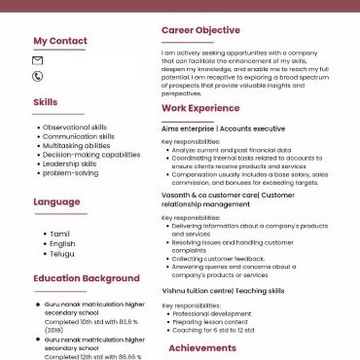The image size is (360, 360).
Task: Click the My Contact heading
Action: coord(60,41)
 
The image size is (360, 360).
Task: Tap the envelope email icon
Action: coord(38,60)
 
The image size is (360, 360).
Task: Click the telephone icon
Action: coord(38,75)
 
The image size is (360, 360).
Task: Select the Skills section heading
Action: coord(45,101)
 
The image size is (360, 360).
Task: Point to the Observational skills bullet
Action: coord(74,127)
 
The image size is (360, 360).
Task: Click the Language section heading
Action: coord(56,202)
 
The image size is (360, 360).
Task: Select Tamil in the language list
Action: coord(59,234)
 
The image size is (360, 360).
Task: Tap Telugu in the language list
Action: coord(61,253)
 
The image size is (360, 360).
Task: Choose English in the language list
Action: coord(61,244)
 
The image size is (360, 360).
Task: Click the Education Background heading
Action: coord(86,278)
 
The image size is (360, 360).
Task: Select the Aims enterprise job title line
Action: coord(223,128)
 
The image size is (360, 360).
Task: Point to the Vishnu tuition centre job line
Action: coord(223,291)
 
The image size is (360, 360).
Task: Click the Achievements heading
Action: coord(202,347)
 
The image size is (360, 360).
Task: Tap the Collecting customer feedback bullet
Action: coord(218,259)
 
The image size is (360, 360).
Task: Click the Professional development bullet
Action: coord(212,314)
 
